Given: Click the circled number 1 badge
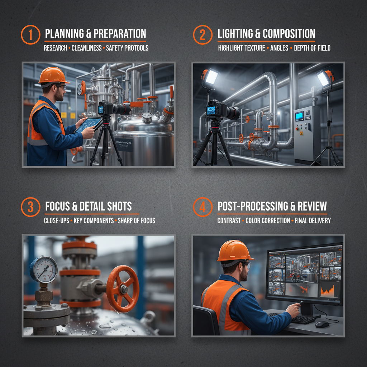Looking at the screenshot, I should (x=30, y=35).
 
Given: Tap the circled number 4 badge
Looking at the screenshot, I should (x=203, y=208).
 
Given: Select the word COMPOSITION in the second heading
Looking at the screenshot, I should (x=289, y=34).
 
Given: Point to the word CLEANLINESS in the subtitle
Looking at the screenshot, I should (x=86, y=48).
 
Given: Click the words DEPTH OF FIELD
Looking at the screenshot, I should (x=312, y=48).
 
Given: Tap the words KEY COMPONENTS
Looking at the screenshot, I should (x=94, y=220).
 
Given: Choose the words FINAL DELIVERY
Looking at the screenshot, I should (x=313, y=220).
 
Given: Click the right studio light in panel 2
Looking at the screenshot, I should (x=324, y=78).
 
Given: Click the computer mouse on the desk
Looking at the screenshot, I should (x=322, y=324).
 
